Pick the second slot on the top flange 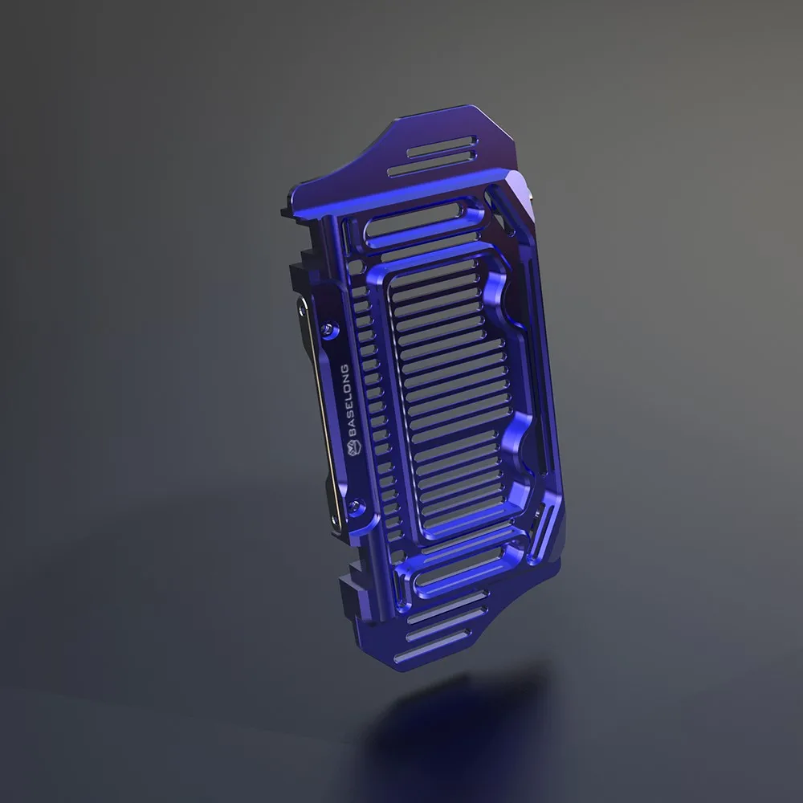[x=431, y=165]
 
